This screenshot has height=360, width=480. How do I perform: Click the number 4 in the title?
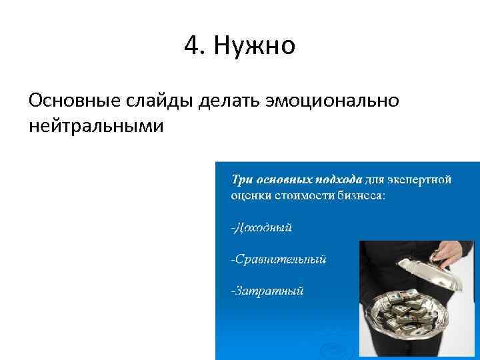click(191, 47)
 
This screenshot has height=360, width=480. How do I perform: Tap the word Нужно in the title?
click(256, 47)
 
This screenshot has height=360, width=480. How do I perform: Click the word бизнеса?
click(360, 196)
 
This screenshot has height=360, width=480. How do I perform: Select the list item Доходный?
click(261, 228)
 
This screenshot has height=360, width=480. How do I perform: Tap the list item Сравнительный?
click(279, 259)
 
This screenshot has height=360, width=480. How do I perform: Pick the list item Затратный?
click(267, 290)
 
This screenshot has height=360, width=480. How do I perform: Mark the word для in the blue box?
click(375, 179)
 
